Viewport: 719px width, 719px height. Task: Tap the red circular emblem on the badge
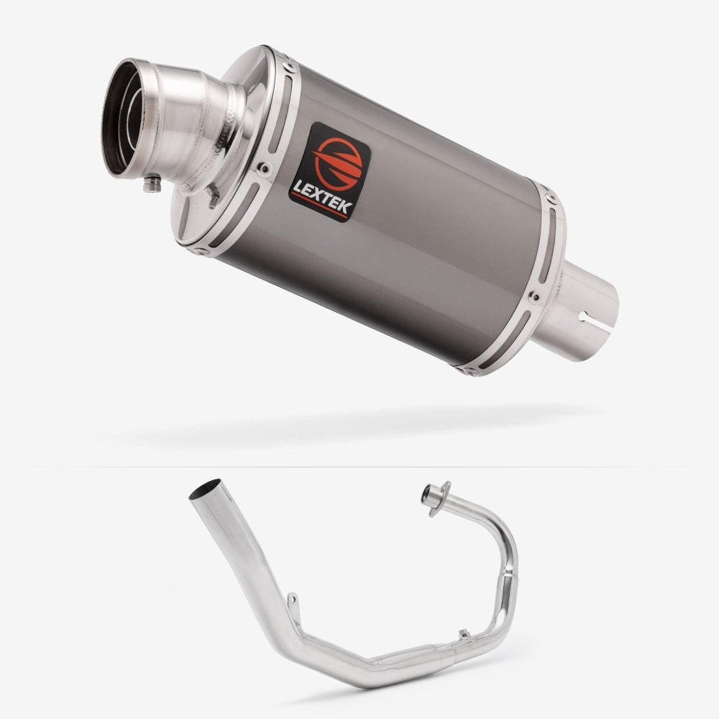click(338, 161)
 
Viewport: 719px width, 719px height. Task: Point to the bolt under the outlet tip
click(152, 183)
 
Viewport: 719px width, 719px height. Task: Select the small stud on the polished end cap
click(213, 196)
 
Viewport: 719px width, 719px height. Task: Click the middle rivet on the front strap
click(264, 168)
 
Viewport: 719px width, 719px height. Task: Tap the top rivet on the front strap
click(289, 66)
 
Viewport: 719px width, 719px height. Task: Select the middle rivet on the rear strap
click(533, 297)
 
